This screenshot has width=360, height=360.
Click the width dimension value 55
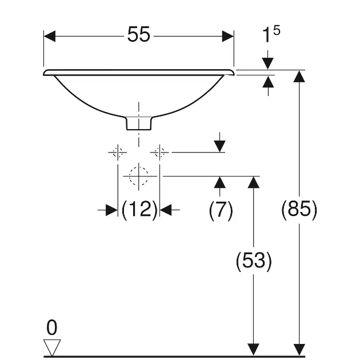[x=138, y=35]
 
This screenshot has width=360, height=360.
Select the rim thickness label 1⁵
[x=270, y=35]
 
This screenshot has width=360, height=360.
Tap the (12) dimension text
[x=139, y=210]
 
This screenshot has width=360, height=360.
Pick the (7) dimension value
[x=221, y=210]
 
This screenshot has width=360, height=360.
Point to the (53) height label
[x=253, y=261]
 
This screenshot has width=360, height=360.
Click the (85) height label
[x=299, y=210]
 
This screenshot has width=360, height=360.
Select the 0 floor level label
[x=52, y=327]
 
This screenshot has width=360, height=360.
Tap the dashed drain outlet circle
[x=138, y=176]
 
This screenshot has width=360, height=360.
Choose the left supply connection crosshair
[x=118, y=152]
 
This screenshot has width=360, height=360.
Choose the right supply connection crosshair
[x=159, y=152]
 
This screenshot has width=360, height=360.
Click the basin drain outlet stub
[x=138, y=122]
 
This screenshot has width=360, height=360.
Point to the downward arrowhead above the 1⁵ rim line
[x=267, y=63]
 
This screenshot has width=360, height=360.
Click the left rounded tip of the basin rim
[x=45, y=73]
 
